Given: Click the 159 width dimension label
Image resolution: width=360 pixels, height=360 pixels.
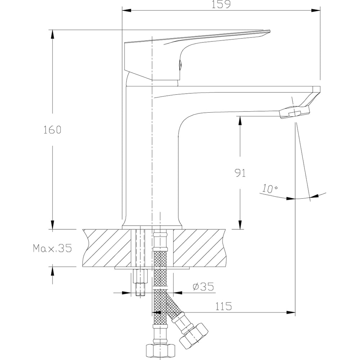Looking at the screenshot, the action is [x=221, y=4].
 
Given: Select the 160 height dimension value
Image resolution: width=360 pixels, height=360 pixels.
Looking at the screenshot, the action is [x=52, y=130].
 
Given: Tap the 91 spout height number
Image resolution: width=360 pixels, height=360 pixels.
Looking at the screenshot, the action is [x=240, y=173].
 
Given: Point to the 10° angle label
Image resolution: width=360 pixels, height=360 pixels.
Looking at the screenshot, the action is [x=270, y=189].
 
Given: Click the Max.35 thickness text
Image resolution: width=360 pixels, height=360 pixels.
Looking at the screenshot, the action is [x=52, y=248].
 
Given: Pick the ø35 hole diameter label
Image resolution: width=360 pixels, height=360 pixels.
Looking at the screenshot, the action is [x=203, y=287].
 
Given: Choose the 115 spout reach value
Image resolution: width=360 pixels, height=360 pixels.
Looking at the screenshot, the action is [x=224, y=306].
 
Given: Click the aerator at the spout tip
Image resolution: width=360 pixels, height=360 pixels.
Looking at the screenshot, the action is [x=294, y=112].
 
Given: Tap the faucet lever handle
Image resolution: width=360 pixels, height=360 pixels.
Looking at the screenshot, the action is [x=197, y=55].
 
